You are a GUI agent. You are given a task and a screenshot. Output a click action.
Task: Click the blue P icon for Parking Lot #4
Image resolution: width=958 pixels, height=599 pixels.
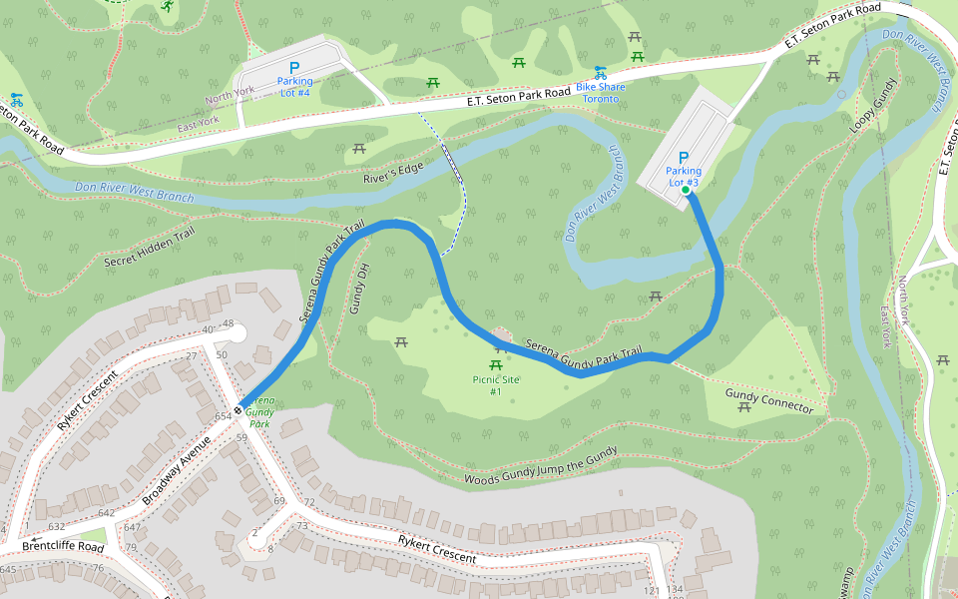pos(294,68)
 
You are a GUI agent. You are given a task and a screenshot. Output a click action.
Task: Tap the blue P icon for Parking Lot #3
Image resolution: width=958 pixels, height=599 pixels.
pos(684,158)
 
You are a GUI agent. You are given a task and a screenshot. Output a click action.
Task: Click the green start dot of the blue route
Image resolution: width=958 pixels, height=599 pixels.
pos(687,190)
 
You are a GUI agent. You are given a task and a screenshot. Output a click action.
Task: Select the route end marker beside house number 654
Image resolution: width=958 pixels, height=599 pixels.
pos(240,408)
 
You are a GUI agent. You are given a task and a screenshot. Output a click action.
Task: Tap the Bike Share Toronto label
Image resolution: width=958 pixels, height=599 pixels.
pos(601,93)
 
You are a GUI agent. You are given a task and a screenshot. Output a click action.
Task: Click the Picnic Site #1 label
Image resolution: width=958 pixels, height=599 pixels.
pos(496,385)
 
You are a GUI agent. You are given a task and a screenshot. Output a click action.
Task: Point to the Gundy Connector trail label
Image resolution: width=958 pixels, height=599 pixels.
pos(769,401)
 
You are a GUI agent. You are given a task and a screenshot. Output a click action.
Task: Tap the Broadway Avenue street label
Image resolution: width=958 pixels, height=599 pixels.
pos(178,469)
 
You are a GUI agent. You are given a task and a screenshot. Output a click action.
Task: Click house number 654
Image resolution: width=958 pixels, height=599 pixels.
pos(222,415)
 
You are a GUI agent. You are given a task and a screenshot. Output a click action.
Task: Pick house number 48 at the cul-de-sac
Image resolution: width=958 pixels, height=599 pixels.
pos(228,324)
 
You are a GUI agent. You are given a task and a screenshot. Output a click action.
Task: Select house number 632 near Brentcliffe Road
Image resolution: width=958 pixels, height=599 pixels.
pos(56,526)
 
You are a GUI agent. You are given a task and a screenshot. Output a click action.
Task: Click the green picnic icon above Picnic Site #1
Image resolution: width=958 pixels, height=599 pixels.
pos(496,349)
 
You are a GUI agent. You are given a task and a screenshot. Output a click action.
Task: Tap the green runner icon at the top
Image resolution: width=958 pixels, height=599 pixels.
pos(167,7)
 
